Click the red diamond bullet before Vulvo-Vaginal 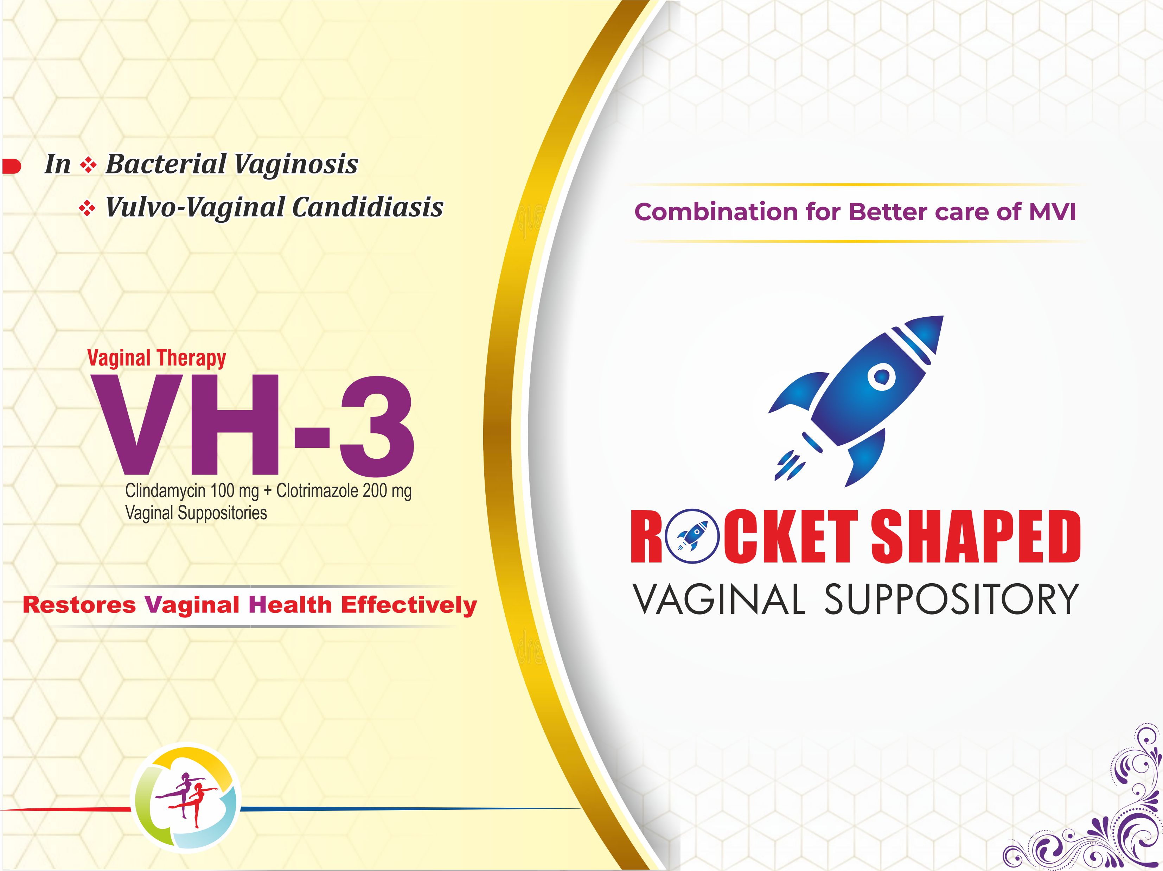[x=87, y=209]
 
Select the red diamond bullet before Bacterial [x=88, y=166]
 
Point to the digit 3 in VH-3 [x=376, y=425]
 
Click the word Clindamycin [x=166, y=491]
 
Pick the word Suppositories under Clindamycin [x=222, y=513]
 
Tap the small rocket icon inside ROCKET [x=691, y=535]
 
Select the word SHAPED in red [x=975, y=536]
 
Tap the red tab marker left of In [x=11, y=166]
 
